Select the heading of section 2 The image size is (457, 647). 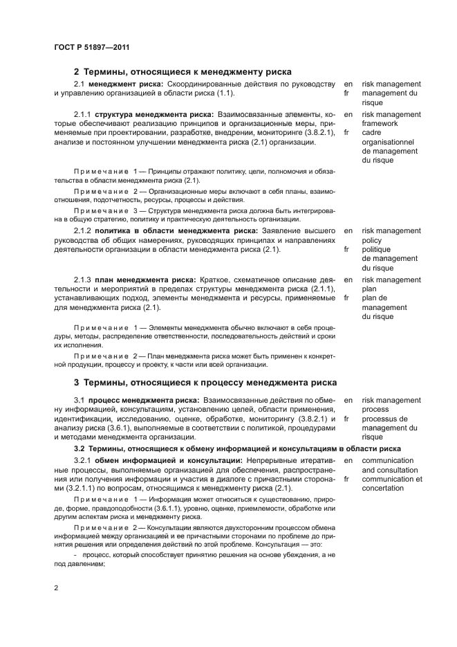(x=183, y=71)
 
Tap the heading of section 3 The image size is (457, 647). (x=205, y=382)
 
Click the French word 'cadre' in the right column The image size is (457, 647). (x=372, y=133)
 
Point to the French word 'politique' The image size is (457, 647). (x=377, y=250)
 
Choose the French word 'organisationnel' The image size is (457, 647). (x=391, y=142)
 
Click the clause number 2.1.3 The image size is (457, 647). (x=84, y=280)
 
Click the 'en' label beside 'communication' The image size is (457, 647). (x=348, y=460)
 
